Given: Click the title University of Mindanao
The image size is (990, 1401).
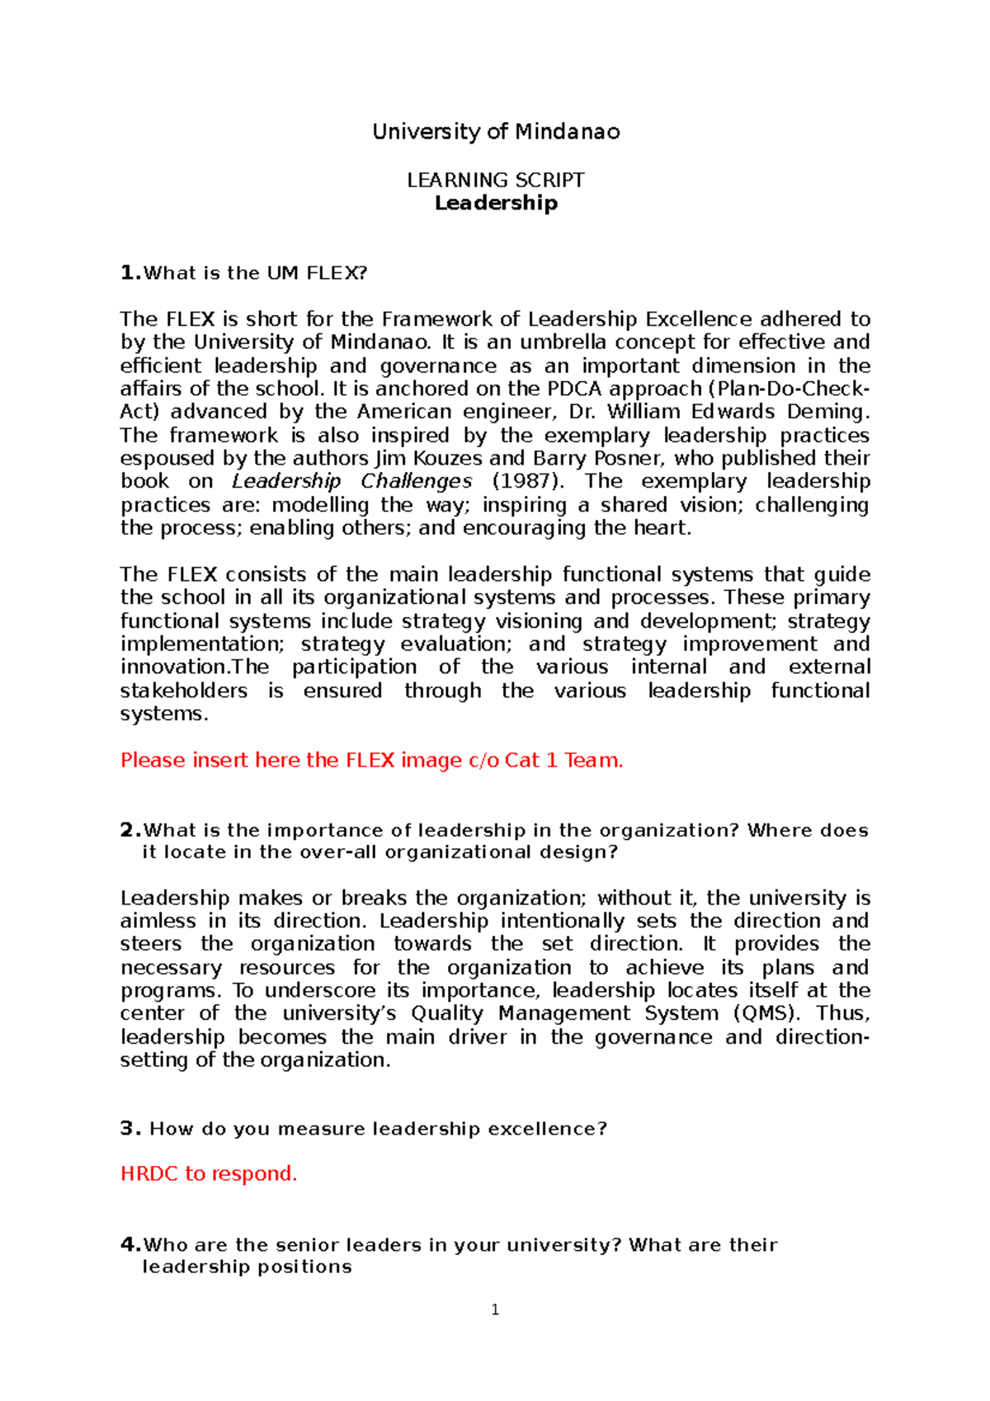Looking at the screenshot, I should pos(496,132).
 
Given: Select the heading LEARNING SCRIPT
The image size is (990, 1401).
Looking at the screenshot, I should pos(496,180).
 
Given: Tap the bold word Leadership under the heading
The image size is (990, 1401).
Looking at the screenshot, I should pos(496,203).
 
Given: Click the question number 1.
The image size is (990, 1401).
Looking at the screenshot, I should pos(130,273).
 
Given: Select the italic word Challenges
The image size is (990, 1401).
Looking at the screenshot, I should pos(417,481).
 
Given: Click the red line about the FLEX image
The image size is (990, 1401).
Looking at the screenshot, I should pos(371,760).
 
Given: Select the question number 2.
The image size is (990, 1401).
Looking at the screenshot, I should pos(130,830).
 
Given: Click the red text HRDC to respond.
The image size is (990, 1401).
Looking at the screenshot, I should pos(209,1173).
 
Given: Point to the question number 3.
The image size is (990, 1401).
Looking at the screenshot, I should pos(130,1129).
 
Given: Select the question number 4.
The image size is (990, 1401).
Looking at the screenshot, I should pos(130,1245).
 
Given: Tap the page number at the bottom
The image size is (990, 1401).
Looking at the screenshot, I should pos(495,1309).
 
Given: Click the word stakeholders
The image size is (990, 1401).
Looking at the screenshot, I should pos(183,691).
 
